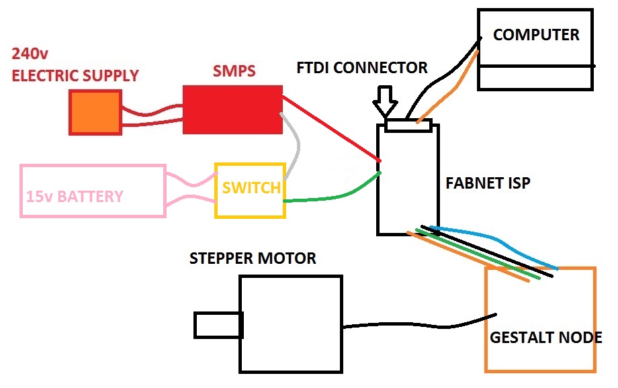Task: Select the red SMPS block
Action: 232,109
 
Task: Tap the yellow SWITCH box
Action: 250,189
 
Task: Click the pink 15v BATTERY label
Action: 75,197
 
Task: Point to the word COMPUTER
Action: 536,35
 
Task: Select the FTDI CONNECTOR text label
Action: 362,68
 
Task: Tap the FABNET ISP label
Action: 488,183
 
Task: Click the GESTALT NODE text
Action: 545,337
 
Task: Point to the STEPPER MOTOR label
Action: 253,258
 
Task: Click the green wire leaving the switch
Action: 329,196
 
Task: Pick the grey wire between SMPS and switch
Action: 295,144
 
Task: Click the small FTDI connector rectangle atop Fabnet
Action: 409,125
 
